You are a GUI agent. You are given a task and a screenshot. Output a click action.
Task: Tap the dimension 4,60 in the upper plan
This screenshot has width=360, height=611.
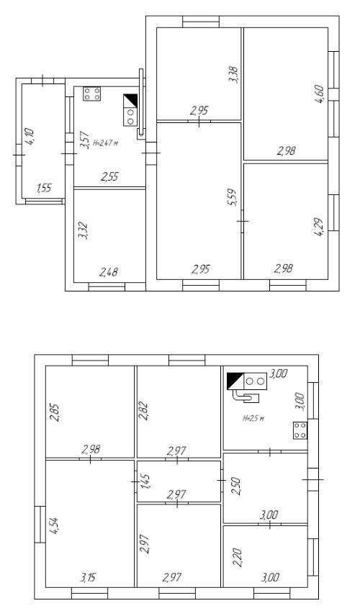pos(319,94)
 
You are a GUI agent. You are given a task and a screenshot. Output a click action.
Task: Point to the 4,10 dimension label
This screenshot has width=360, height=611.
pos(30,137)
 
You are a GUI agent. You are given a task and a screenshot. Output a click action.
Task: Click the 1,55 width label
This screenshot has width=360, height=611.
pos(44,189)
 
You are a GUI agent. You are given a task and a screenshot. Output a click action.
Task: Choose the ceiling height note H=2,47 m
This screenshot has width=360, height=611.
pos(105,143)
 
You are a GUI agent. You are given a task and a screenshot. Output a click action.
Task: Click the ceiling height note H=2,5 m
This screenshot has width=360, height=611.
pos(253,419)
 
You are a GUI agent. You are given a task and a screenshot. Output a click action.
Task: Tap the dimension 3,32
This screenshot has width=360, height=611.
pos(83,231)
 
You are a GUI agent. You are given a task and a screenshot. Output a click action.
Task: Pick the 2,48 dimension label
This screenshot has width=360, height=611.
pos(109,272)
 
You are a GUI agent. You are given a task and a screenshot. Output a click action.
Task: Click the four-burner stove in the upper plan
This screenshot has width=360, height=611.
pos(91,94)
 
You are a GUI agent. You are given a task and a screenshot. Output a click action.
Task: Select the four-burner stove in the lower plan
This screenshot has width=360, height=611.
pos(300,430)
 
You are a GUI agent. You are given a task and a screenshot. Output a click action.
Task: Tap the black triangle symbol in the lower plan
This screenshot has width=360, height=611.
pos(235,381)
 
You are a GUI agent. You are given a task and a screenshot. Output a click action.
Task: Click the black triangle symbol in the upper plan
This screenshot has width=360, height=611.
pos(130,101)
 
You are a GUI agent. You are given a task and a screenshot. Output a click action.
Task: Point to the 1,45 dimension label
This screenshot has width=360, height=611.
pos(145,481)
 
